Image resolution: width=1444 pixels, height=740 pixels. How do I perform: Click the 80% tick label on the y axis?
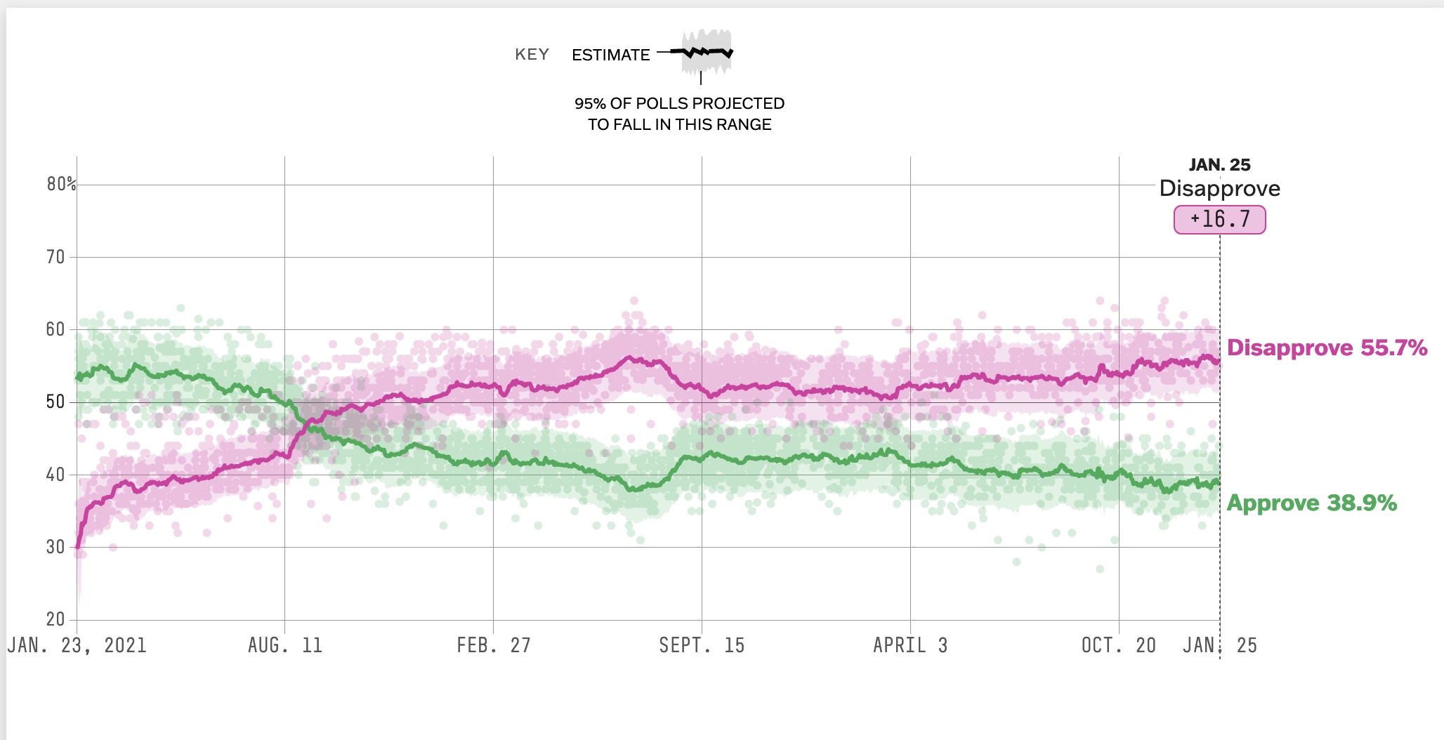click(61, 184)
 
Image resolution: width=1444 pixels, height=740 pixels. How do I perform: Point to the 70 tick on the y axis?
click(55, 257)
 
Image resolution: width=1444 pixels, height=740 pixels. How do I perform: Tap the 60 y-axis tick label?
click(55, 329)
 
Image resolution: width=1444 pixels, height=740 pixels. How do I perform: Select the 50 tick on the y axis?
click(55, 402)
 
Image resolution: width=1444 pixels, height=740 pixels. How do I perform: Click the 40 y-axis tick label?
click(55, 475)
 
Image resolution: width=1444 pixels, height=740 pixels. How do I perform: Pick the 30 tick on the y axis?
click(55, 547)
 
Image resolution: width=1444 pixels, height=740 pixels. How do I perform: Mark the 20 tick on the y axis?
click(55, 619)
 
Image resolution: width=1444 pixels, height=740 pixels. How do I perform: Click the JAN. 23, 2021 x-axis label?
click(77, 645)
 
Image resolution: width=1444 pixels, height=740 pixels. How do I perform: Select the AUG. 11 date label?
click(284, 645)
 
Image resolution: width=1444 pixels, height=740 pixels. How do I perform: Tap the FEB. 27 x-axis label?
click(493, 645)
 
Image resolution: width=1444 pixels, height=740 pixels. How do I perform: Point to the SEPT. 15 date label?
click(701, 645)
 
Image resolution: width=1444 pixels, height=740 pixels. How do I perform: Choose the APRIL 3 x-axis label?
click(910, 645)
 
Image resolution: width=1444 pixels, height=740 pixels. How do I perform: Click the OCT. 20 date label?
click(1118, 645)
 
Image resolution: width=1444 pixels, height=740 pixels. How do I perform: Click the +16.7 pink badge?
click(1219, 220)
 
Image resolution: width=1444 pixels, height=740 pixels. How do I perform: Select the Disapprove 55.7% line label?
click(1327, 348)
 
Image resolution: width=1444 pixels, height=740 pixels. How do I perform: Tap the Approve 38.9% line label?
click(1311, 503)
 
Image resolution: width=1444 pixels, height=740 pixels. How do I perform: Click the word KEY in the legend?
click(532, 55)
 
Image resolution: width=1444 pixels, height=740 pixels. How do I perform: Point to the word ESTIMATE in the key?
click(610, 55)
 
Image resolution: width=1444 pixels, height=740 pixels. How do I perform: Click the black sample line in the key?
click(701, 52)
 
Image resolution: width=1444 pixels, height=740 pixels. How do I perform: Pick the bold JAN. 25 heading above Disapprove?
click(1219, 165)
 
